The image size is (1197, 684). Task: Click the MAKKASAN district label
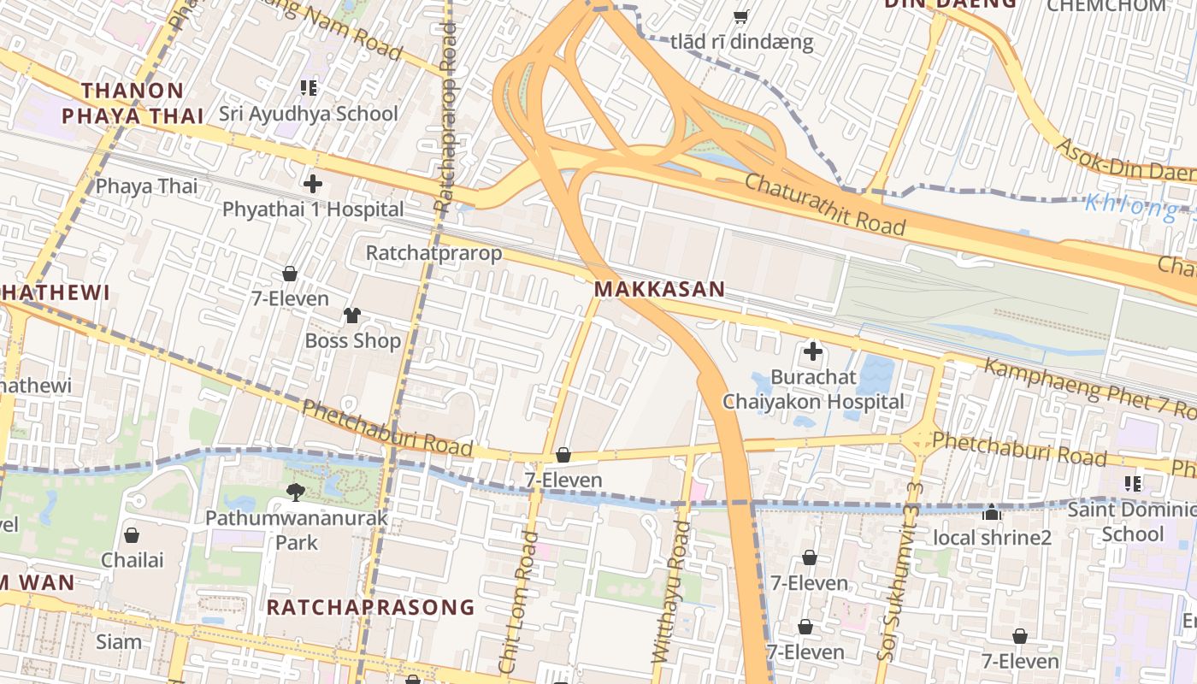pyautogui.click(x=659, y=289)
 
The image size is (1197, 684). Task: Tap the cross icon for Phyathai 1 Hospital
pyautogui.click(x=312, y=183)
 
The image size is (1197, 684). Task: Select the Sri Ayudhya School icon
pyautogui.click(x=309, y=87)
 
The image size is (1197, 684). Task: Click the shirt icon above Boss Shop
pyautogui.click(x=352, y=315)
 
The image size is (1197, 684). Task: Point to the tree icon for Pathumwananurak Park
pyautogui.click(x=296, y=492)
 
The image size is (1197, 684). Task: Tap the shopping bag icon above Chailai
pyautogui.click(x=132, y=535)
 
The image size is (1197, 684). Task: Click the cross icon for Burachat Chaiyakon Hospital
pyautogui.click(x=812, y=351)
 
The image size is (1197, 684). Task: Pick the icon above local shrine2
pyautogui.click(x=992, y=512)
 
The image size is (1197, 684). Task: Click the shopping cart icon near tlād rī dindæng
pyautogui.click(x=741, y=16)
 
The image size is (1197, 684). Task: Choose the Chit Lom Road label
pyautogui.click(x=519, y=602)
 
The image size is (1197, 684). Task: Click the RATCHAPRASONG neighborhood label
pyautogui.click(x=370, y=607)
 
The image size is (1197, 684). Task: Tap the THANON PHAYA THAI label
pyautogui.click(x=133, y=103)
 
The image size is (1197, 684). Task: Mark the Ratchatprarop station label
pyautogui.click(x=433, y=253)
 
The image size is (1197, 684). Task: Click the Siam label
pyautogui.click(x=119, y=641)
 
